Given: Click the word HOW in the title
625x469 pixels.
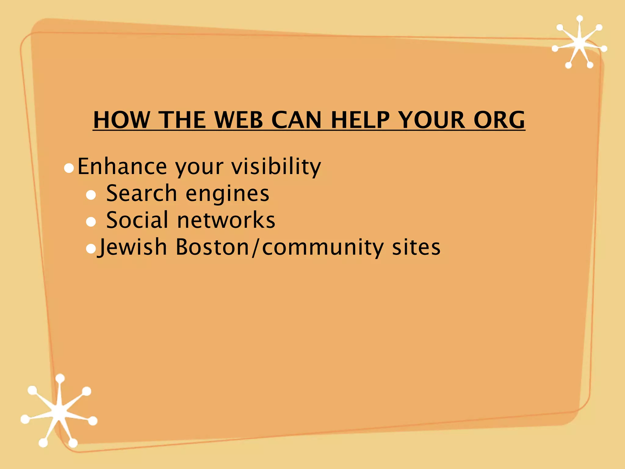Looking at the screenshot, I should coord(121,120).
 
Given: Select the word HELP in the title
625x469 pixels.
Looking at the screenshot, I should coord(360,120).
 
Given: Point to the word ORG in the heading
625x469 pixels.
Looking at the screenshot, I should coord(499,120).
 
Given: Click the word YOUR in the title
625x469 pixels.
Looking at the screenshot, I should coord(432,120).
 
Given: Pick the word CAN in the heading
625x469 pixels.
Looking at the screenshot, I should coord(296,120).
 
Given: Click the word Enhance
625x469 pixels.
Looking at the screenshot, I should coord(122,166).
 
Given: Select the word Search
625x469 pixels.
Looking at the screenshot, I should coord(142,193).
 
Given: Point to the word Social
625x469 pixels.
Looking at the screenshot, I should coord(137,220).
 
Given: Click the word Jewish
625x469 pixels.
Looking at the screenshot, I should coord(132,247).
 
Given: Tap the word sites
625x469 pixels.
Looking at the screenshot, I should coord(416,247).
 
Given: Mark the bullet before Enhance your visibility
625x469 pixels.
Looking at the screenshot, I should coord(69,168).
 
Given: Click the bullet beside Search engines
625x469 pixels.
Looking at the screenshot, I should coord(91,195).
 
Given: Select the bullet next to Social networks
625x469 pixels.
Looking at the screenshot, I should coord(91,222).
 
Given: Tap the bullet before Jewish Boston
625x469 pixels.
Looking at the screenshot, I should coord(91,249).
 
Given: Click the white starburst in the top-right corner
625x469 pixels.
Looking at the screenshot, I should coord(579,43).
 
